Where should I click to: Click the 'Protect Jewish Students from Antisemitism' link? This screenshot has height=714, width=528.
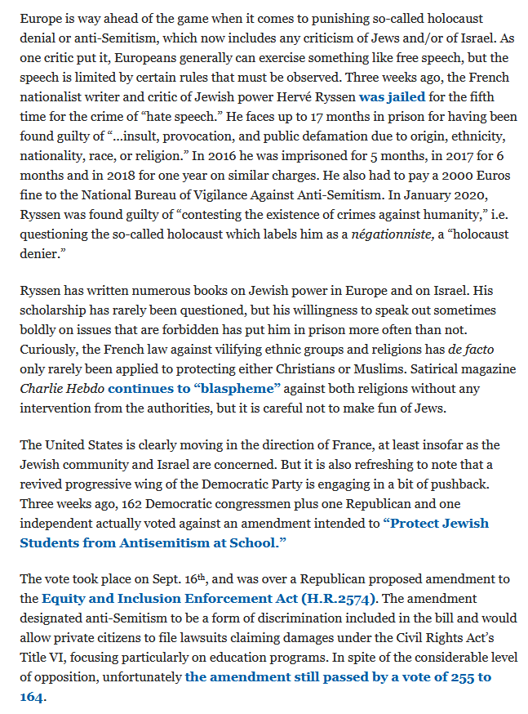coord(436,522)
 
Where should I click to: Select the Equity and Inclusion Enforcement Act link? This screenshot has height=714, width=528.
coord(162,599)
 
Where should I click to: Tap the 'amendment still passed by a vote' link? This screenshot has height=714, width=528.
coord(338,677)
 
